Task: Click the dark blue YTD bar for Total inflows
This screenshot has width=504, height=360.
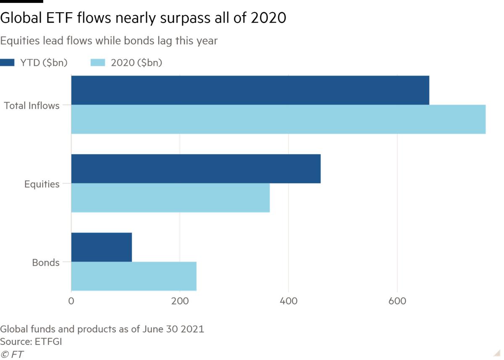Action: coord(250,90)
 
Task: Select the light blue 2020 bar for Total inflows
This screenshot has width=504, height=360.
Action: coord(278,120)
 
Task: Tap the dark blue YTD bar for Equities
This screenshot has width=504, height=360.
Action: coord(196,168)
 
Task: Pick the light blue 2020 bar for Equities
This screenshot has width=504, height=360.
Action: coord(171,198)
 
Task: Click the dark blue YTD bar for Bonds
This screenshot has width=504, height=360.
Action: coord(102,247)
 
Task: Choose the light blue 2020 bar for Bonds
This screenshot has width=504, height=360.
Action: coord(134,276)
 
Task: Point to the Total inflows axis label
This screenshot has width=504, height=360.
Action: coord(32,106)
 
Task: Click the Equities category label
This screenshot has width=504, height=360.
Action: coord(42,184)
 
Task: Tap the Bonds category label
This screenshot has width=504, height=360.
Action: coord(46,263)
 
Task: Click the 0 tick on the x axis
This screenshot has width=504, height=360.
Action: coord(71,301)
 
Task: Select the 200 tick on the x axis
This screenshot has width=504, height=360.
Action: coord(180,301)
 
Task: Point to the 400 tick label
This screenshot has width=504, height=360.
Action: coord(288,301)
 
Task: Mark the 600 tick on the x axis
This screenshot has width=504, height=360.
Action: coord(396,301)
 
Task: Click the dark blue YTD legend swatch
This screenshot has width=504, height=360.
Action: coord(8,63)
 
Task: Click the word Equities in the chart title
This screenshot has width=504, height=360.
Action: coord(18,41)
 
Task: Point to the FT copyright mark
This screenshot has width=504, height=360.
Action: coord(12,354)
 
